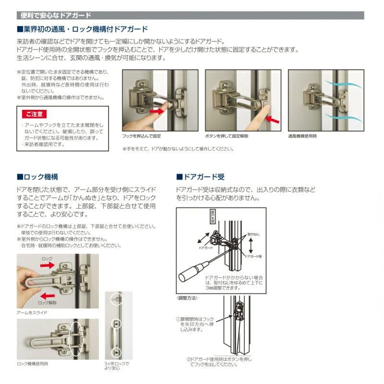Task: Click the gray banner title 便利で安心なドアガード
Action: pyautogui.click(x=56, y=16)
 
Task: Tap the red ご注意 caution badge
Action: pyautogui.click(x=34, y=114)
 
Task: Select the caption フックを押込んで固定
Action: pyautogui.click(x=142, y=136)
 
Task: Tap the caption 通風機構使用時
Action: pyautogui.click(x=302, y=136)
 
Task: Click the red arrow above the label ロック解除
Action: pyautogui.click(x=47, y=295)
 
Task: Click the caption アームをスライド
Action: pyautogui.click(x=32, y=312)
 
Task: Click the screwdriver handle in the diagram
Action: pyautogui.click(x=189, y=275)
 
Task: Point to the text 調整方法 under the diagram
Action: pyautogui.click(x=187, y=298)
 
